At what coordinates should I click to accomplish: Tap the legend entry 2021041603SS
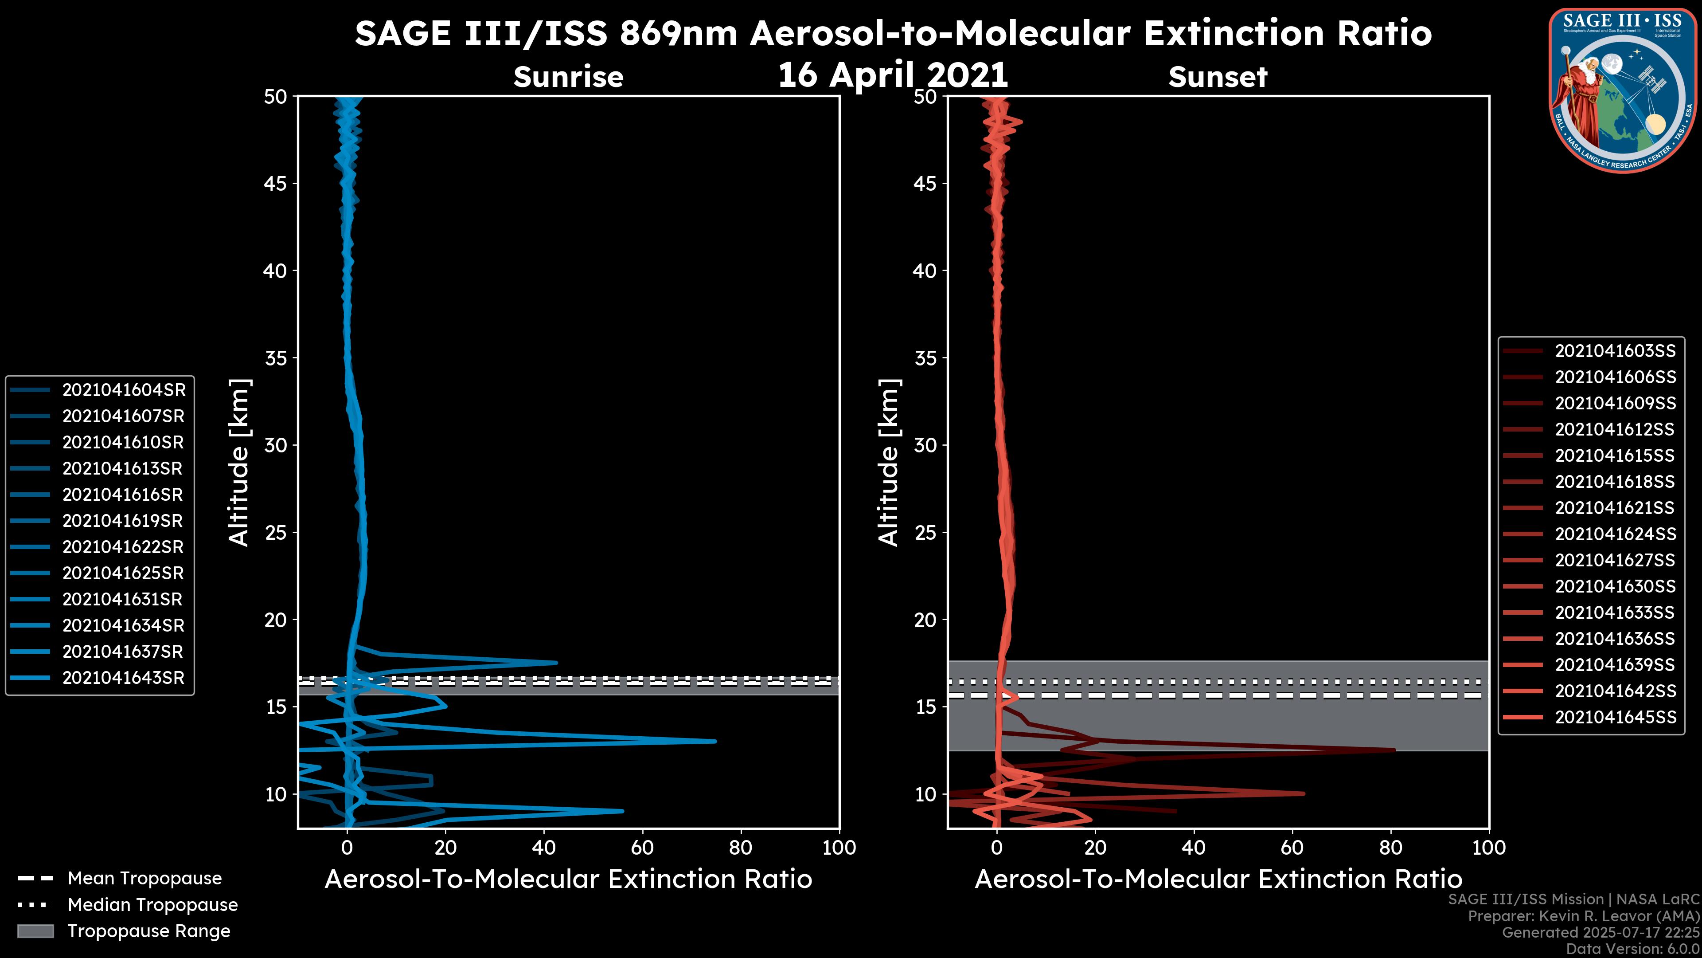click(1615, 351)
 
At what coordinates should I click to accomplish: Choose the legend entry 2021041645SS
click(1615, 717)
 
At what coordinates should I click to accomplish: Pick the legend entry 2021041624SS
click(1615, 534)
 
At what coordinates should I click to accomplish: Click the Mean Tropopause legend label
click(144, 878)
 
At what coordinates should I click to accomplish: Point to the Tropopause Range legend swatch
click(35, 931)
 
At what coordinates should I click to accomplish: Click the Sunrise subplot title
click(568, 77)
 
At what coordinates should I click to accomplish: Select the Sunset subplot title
click(1218, 77)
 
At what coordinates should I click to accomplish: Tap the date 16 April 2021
click(893, 75)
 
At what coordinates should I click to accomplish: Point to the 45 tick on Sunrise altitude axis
click(276, 183)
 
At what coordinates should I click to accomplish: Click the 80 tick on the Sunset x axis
click(1391, 848)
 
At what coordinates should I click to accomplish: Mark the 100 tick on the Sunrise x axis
click(839, 848)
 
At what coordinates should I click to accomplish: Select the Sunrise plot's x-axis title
click(568, 879)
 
